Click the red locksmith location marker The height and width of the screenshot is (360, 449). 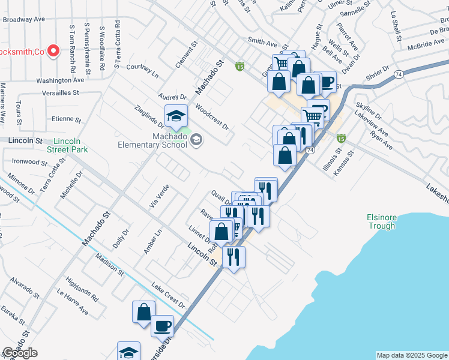(x=53, y=50)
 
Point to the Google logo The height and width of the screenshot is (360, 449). (x=20, y=353)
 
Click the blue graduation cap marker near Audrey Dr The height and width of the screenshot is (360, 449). (x=176, y=116)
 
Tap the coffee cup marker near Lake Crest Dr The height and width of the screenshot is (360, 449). (x=162, y=326)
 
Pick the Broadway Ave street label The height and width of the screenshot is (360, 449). (x=24, y=19)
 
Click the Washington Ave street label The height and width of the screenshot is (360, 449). (x=60, y=80)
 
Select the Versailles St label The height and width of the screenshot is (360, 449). (x=61, y=93)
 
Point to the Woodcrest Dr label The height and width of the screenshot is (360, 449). (x=212, y=116)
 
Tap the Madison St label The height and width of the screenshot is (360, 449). (x=109, y=265)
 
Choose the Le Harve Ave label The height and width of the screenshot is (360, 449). (x=72, y=302)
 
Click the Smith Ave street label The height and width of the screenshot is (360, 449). (x=263, y=43)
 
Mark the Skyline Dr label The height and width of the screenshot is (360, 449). (x=369, y=110)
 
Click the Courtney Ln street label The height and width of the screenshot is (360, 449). (x=142, y=72)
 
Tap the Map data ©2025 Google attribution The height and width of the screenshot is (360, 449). (x=412, y=355)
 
